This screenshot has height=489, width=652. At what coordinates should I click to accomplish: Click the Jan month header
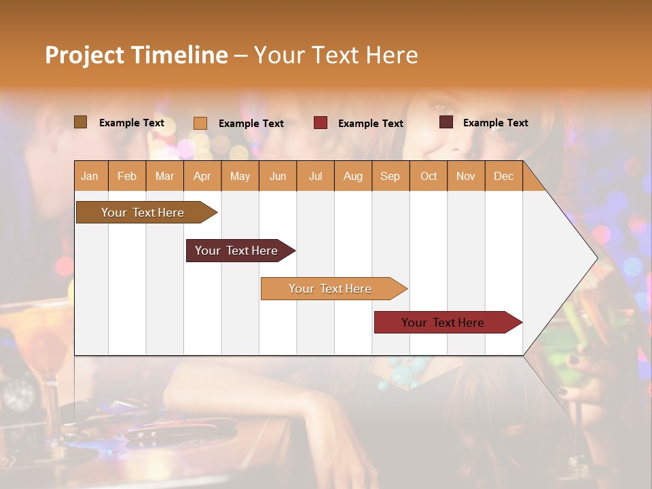point(90,176)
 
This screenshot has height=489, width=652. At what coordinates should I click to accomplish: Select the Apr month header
point(202,176)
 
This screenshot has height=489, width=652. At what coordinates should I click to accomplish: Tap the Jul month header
point(315,176)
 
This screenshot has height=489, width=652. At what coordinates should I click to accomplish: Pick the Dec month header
point(503,176)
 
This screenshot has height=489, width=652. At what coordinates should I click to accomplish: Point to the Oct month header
point(429,176)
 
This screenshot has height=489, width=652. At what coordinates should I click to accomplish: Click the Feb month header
point(127,176)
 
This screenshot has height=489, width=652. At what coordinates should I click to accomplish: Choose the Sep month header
point(390,176)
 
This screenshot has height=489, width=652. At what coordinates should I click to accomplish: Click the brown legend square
point(81,122)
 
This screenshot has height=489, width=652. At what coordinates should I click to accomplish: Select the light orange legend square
point(200,123)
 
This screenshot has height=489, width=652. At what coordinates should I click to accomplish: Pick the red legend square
point(321,123)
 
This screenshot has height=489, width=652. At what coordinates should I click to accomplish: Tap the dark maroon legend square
point(446,122)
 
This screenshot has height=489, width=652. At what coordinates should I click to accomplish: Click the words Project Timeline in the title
point(137,55)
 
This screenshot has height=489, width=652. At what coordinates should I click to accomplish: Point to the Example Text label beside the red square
point(370,124)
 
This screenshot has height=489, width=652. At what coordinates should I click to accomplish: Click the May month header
point(240,176)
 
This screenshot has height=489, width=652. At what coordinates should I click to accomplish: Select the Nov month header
point(466,176)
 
